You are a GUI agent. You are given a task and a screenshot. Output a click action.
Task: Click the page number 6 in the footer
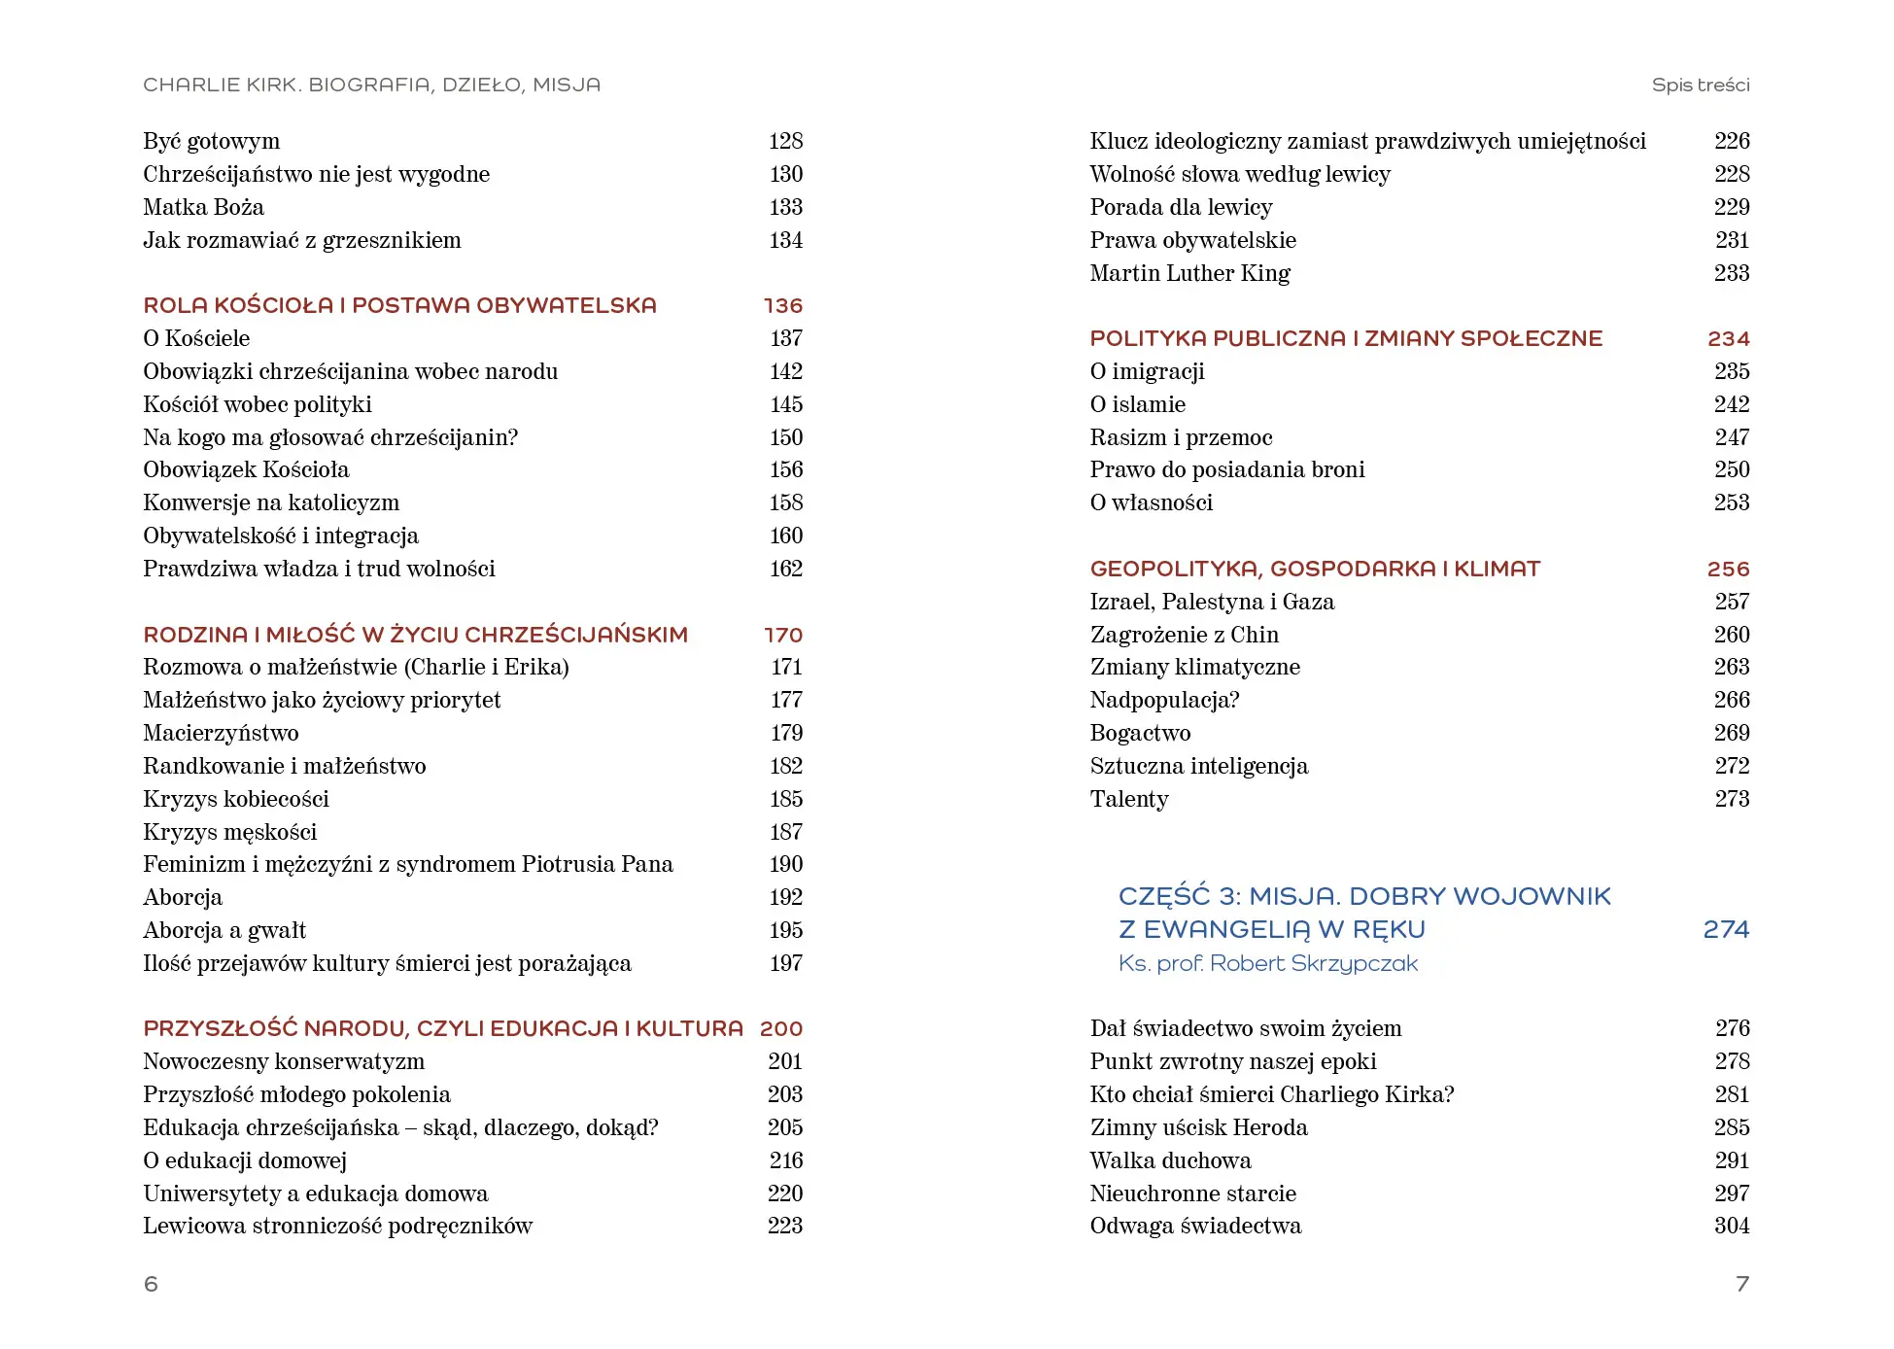(151, 1284)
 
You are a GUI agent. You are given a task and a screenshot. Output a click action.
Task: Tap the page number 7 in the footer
(1741, 1284)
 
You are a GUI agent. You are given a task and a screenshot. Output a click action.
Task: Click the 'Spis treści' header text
(1700, 86)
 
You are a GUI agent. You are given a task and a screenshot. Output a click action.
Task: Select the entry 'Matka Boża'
(203, 207)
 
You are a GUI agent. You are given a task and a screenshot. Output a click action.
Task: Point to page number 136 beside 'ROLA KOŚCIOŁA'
(782, 306)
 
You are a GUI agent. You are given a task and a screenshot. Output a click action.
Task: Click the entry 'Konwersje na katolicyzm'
(271, 502)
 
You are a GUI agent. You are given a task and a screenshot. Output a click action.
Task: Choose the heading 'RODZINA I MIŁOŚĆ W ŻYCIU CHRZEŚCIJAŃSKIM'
(415, 635)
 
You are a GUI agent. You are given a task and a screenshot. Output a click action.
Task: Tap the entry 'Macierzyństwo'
(221, 733)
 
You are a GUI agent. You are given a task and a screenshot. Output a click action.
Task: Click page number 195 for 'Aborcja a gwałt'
(785, 930)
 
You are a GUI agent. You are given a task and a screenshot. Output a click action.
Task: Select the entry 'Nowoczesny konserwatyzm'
(284, 1061)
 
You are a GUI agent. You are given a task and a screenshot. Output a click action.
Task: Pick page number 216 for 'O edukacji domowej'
(785, 1160)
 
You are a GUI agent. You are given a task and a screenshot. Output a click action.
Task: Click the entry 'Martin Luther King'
(1189, 273)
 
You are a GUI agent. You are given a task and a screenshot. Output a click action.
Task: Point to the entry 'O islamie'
(1137, 404)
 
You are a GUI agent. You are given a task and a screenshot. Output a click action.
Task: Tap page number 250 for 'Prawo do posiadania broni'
(1731, 469)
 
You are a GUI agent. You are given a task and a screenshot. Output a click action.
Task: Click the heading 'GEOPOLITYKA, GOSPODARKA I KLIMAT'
(1315, 569)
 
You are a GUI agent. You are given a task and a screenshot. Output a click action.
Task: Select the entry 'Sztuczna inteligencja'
(1198, 766)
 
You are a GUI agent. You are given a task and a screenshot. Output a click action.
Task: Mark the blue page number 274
(1725, 930)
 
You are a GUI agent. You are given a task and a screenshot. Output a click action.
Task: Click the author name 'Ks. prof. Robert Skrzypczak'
(1267, 963)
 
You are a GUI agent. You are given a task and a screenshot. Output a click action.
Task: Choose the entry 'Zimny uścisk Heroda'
(1198, 1127)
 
